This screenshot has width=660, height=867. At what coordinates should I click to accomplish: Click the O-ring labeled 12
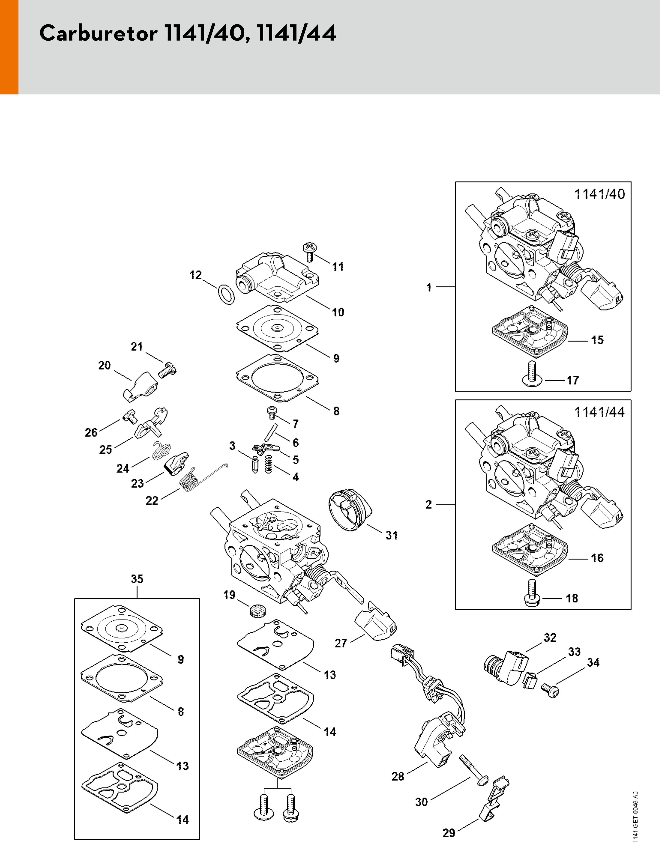(226, 294)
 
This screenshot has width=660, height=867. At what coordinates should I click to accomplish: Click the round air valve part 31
(350, 510)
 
